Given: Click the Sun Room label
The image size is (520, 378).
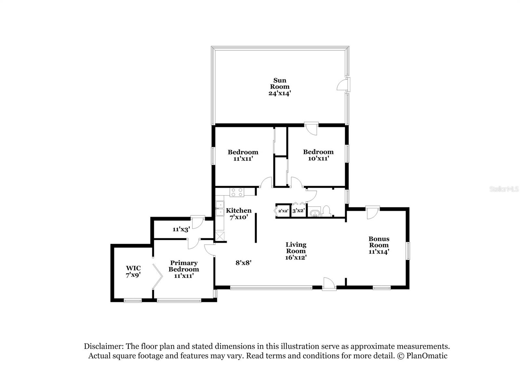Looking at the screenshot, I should click(x=279, y=84).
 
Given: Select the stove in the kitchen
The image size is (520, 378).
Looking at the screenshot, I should click(x=237, y=192).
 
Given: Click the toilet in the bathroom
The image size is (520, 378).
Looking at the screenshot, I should click(x=327, y=211).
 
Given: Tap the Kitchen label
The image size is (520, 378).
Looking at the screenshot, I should click(x=239, y=211).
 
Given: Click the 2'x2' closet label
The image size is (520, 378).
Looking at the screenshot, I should click(x=283, y=211).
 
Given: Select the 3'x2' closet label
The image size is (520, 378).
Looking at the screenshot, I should click(x=298, y=211).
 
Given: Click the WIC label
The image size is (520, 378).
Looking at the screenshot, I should click(x=133, y=268).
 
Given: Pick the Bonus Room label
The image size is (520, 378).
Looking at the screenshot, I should click(x=379, y=242).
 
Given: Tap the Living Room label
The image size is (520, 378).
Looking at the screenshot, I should click(x=296, y=248).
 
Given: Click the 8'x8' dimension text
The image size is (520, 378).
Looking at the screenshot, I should click(x=243, y=263).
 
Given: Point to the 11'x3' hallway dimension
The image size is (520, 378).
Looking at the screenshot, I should click(x=181, y=229).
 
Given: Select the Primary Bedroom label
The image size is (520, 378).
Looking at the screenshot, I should click(x=184, y=266).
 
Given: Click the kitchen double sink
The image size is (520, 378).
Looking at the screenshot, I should click(x=220, y=208).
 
